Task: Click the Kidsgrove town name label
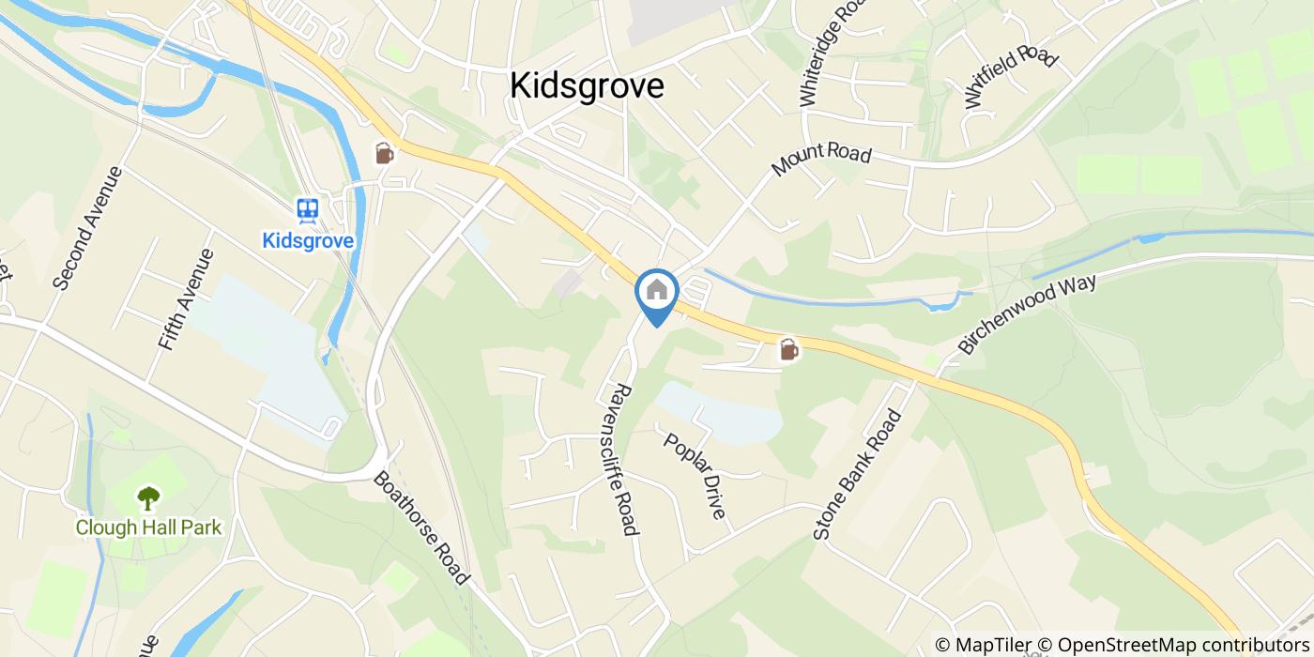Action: [587, 85]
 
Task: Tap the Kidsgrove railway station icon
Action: [307, 210]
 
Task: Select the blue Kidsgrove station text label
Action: [308, 241]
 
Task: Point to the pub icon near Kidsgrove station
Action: [384, 153]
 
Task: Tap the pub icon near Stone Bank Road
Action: [788, 350]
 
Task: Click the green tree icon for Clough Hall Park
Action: [148, 497]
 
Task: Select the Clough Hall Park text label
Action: [148, 527]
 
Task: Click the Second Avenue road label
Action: [88, 228]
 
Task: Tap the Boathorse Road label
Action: [420, 525]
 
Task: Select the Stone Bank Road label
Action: [857, 474]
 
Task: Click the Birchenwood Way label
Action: [1027, 315]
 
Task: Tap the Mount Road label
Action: [821, 160]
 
